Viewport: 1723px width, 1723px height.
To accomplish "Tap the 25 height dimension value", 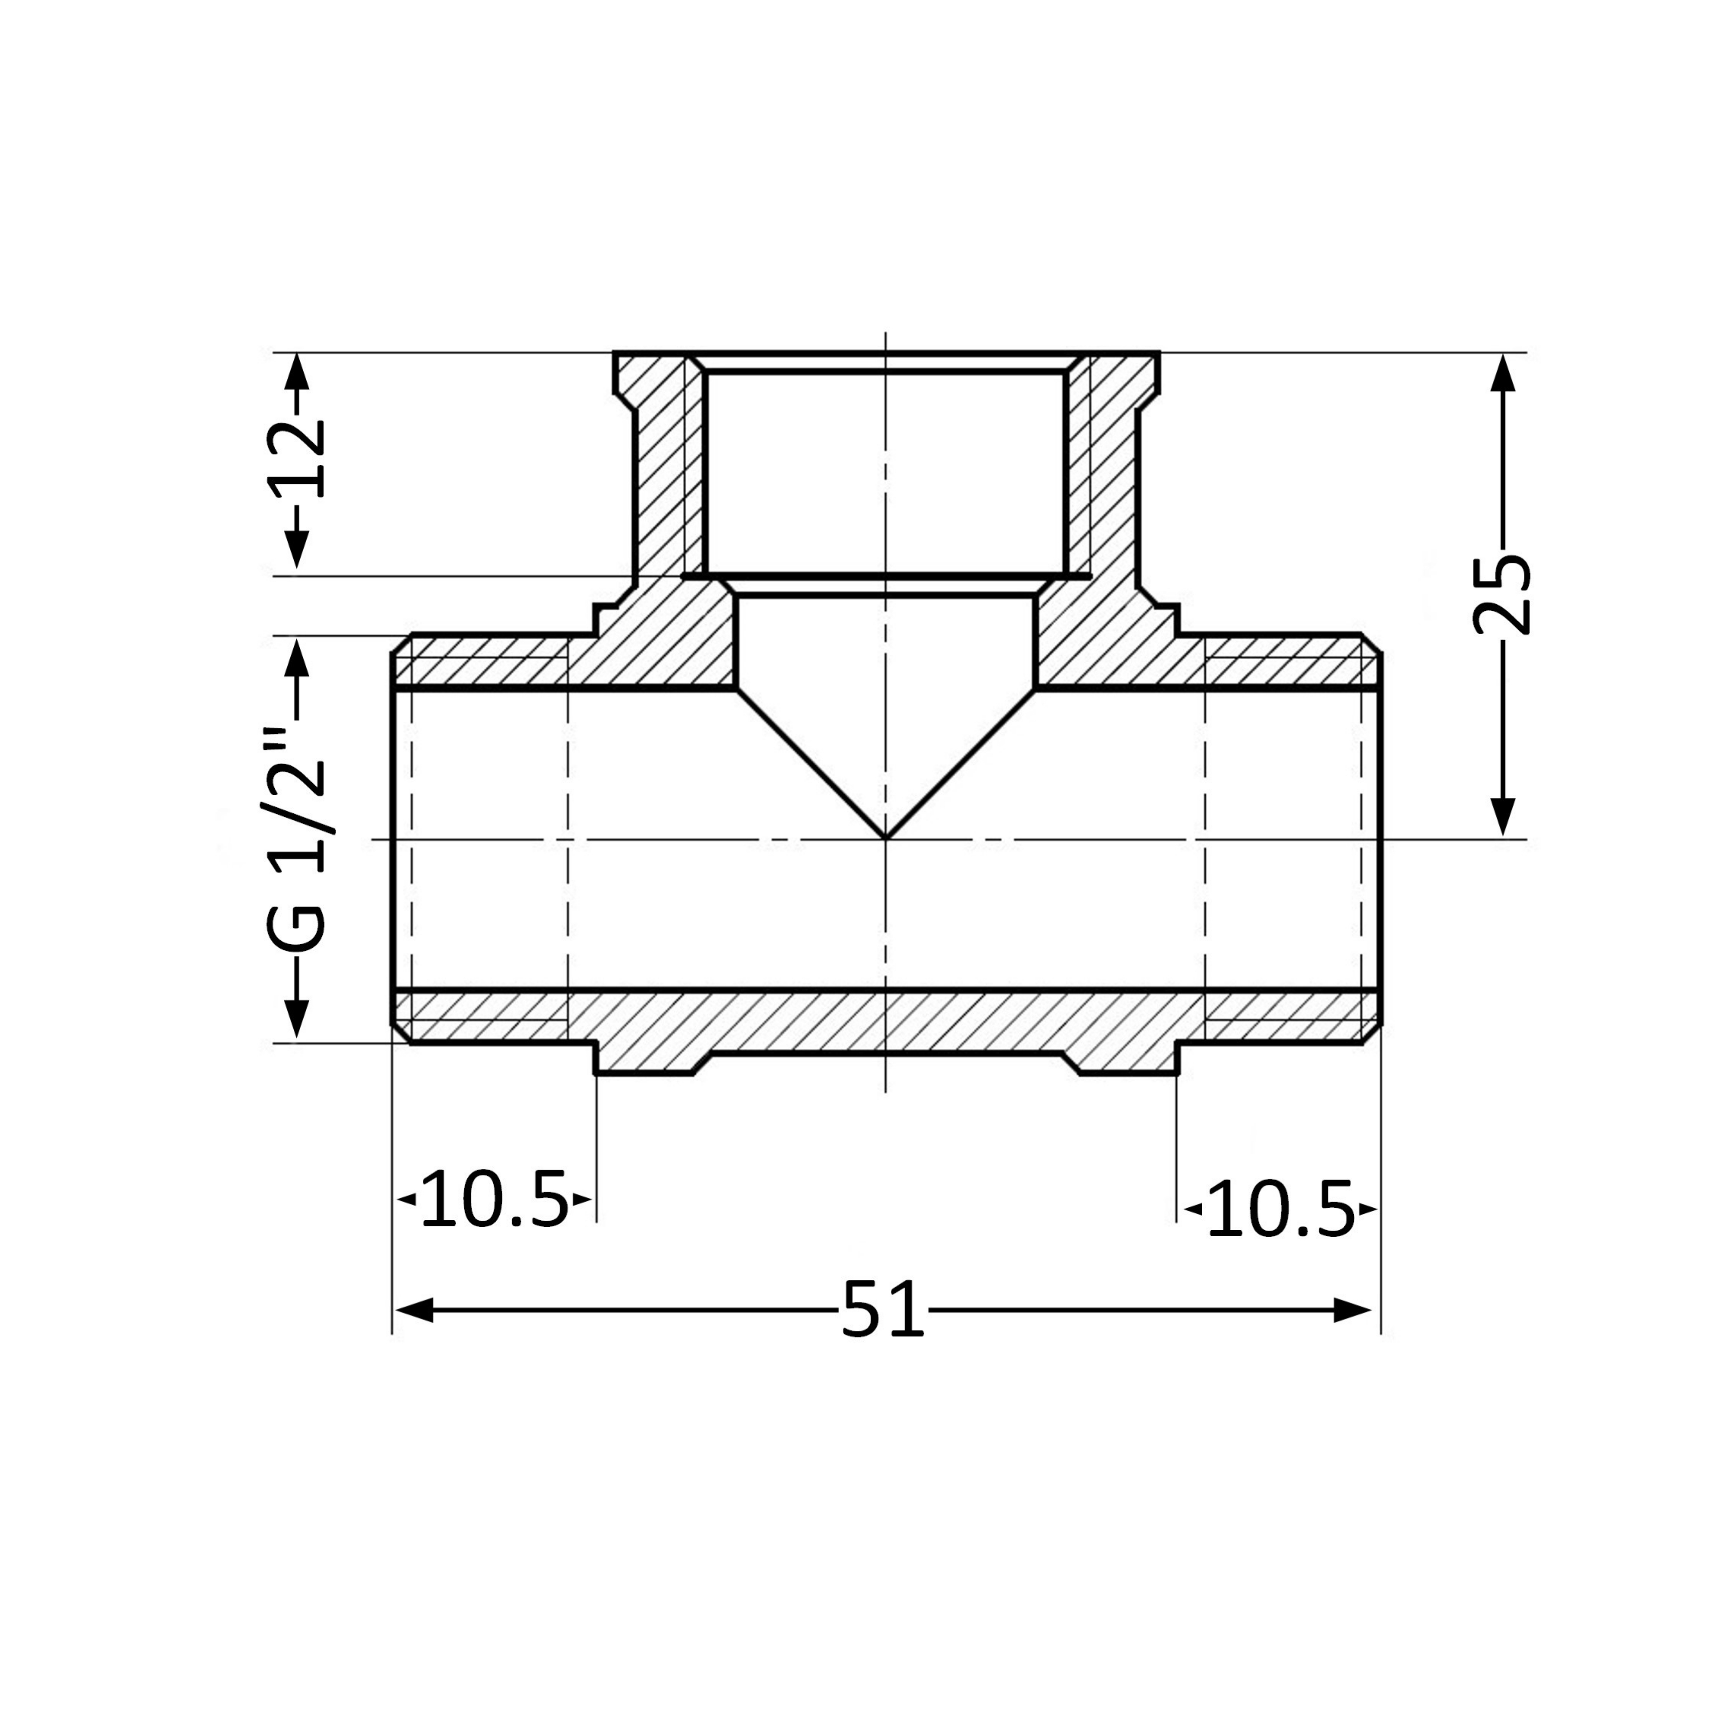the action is coord(1502,595).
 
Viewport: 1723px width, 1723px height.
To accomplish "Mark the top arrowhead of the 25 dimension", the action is coord(1503,373).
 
